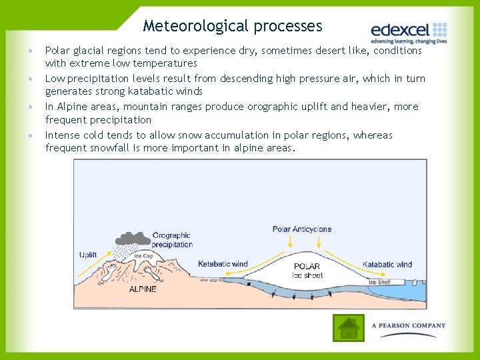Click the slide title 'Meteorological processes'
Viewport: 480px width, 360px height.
pyautogui.click(x=232, y=26)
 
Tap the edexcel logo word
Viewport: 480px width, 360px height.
pyautogui.click(x=400, y=31)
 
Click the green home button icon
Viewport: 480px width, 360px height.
pyautogui.click(x=348, y=328)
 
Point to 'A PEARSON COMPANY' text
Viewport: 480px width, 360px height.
pyautogui.click(x=409, y=326)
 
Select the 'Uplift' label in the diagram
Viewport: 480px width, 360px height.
pyautogui.click(x=88, y=255)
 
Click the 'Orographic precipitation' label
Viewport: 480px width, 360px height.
pyautogui.click(x=172, y=240)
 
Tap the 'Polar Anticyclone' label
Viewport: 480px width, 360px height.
pyautogui.click(x=301, y=229)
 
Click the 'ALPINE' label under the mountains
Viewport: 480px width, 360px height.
pyautogui.click(x=143, y=289)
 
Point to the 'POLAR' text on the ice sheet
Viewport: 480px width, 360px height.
pyautogui.click(x=307, y=267)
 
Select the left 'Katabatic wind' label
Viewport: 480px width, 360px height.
pyautogui.click(x=223, y=264)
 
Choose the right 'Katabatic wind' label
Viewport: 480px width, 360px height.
pyautogui.click(x=387, y=265)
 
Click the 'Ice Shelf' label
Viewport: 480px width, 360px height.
pyautogui.click(x=380, y=282)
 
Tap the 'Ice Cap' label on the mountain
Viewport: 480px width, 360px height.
pyautogui.click(x=143, y=256)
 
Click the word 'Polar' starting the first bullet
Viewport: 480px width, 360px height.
pyautogui.click(x=57, y=51)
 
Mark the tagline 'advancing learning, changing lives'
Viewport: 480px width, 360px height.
pyautogui.click(x=409, y=41)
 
